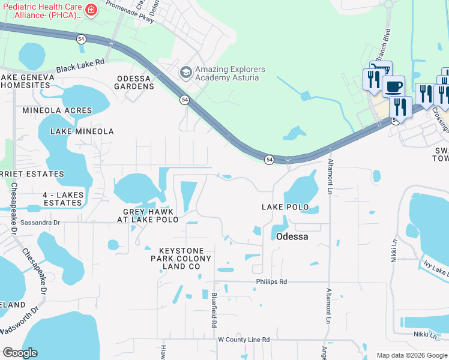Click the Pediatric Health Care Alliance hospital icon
91,10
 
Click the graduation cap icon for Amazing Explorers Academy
186,73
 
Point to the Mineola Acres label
58,110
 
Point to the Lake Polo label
285,207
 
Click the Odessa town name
292,236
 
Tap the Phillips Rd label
271,281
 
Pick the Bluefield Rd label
214,310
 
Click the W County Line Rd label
243,340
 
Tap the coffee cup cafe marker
393,86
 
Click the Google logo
20,353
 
